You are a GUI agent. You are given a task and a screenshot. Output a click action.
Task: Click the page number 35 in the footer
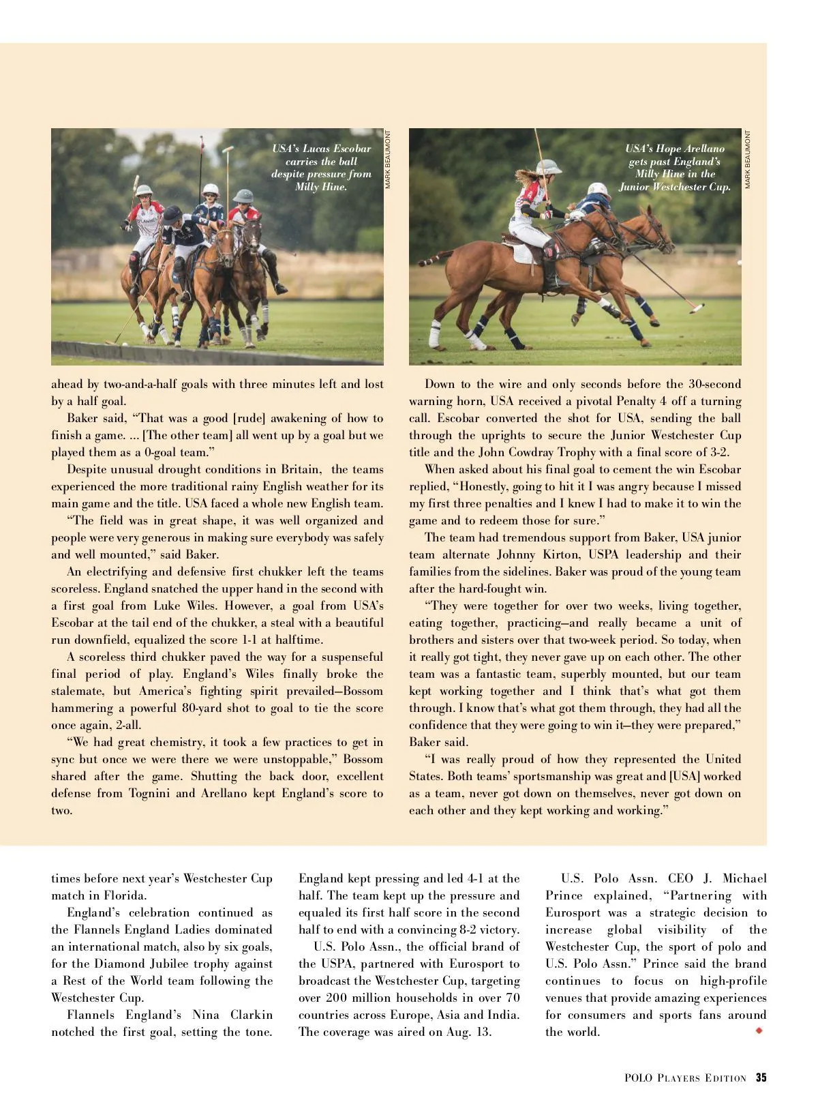coord(761,1077)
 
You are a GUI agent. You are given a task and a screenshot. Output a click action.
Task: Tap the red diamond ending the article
coord(759,1030)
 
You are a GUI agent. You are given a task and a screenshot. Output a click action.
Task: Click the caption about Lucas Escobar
coord(321,167)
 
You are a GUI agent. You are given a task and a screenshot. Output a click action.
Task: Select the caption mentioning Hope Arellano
coord(675,167)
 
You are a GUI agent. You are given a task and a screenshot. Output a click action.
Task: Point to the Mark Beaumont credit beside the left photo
coord(388,160)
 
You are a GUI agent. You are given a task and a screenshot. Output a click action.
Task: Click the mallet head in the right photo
coord(696,308)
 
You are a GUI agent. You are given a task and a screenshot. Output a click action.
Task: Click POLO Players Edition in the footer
coord(685,1078)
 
